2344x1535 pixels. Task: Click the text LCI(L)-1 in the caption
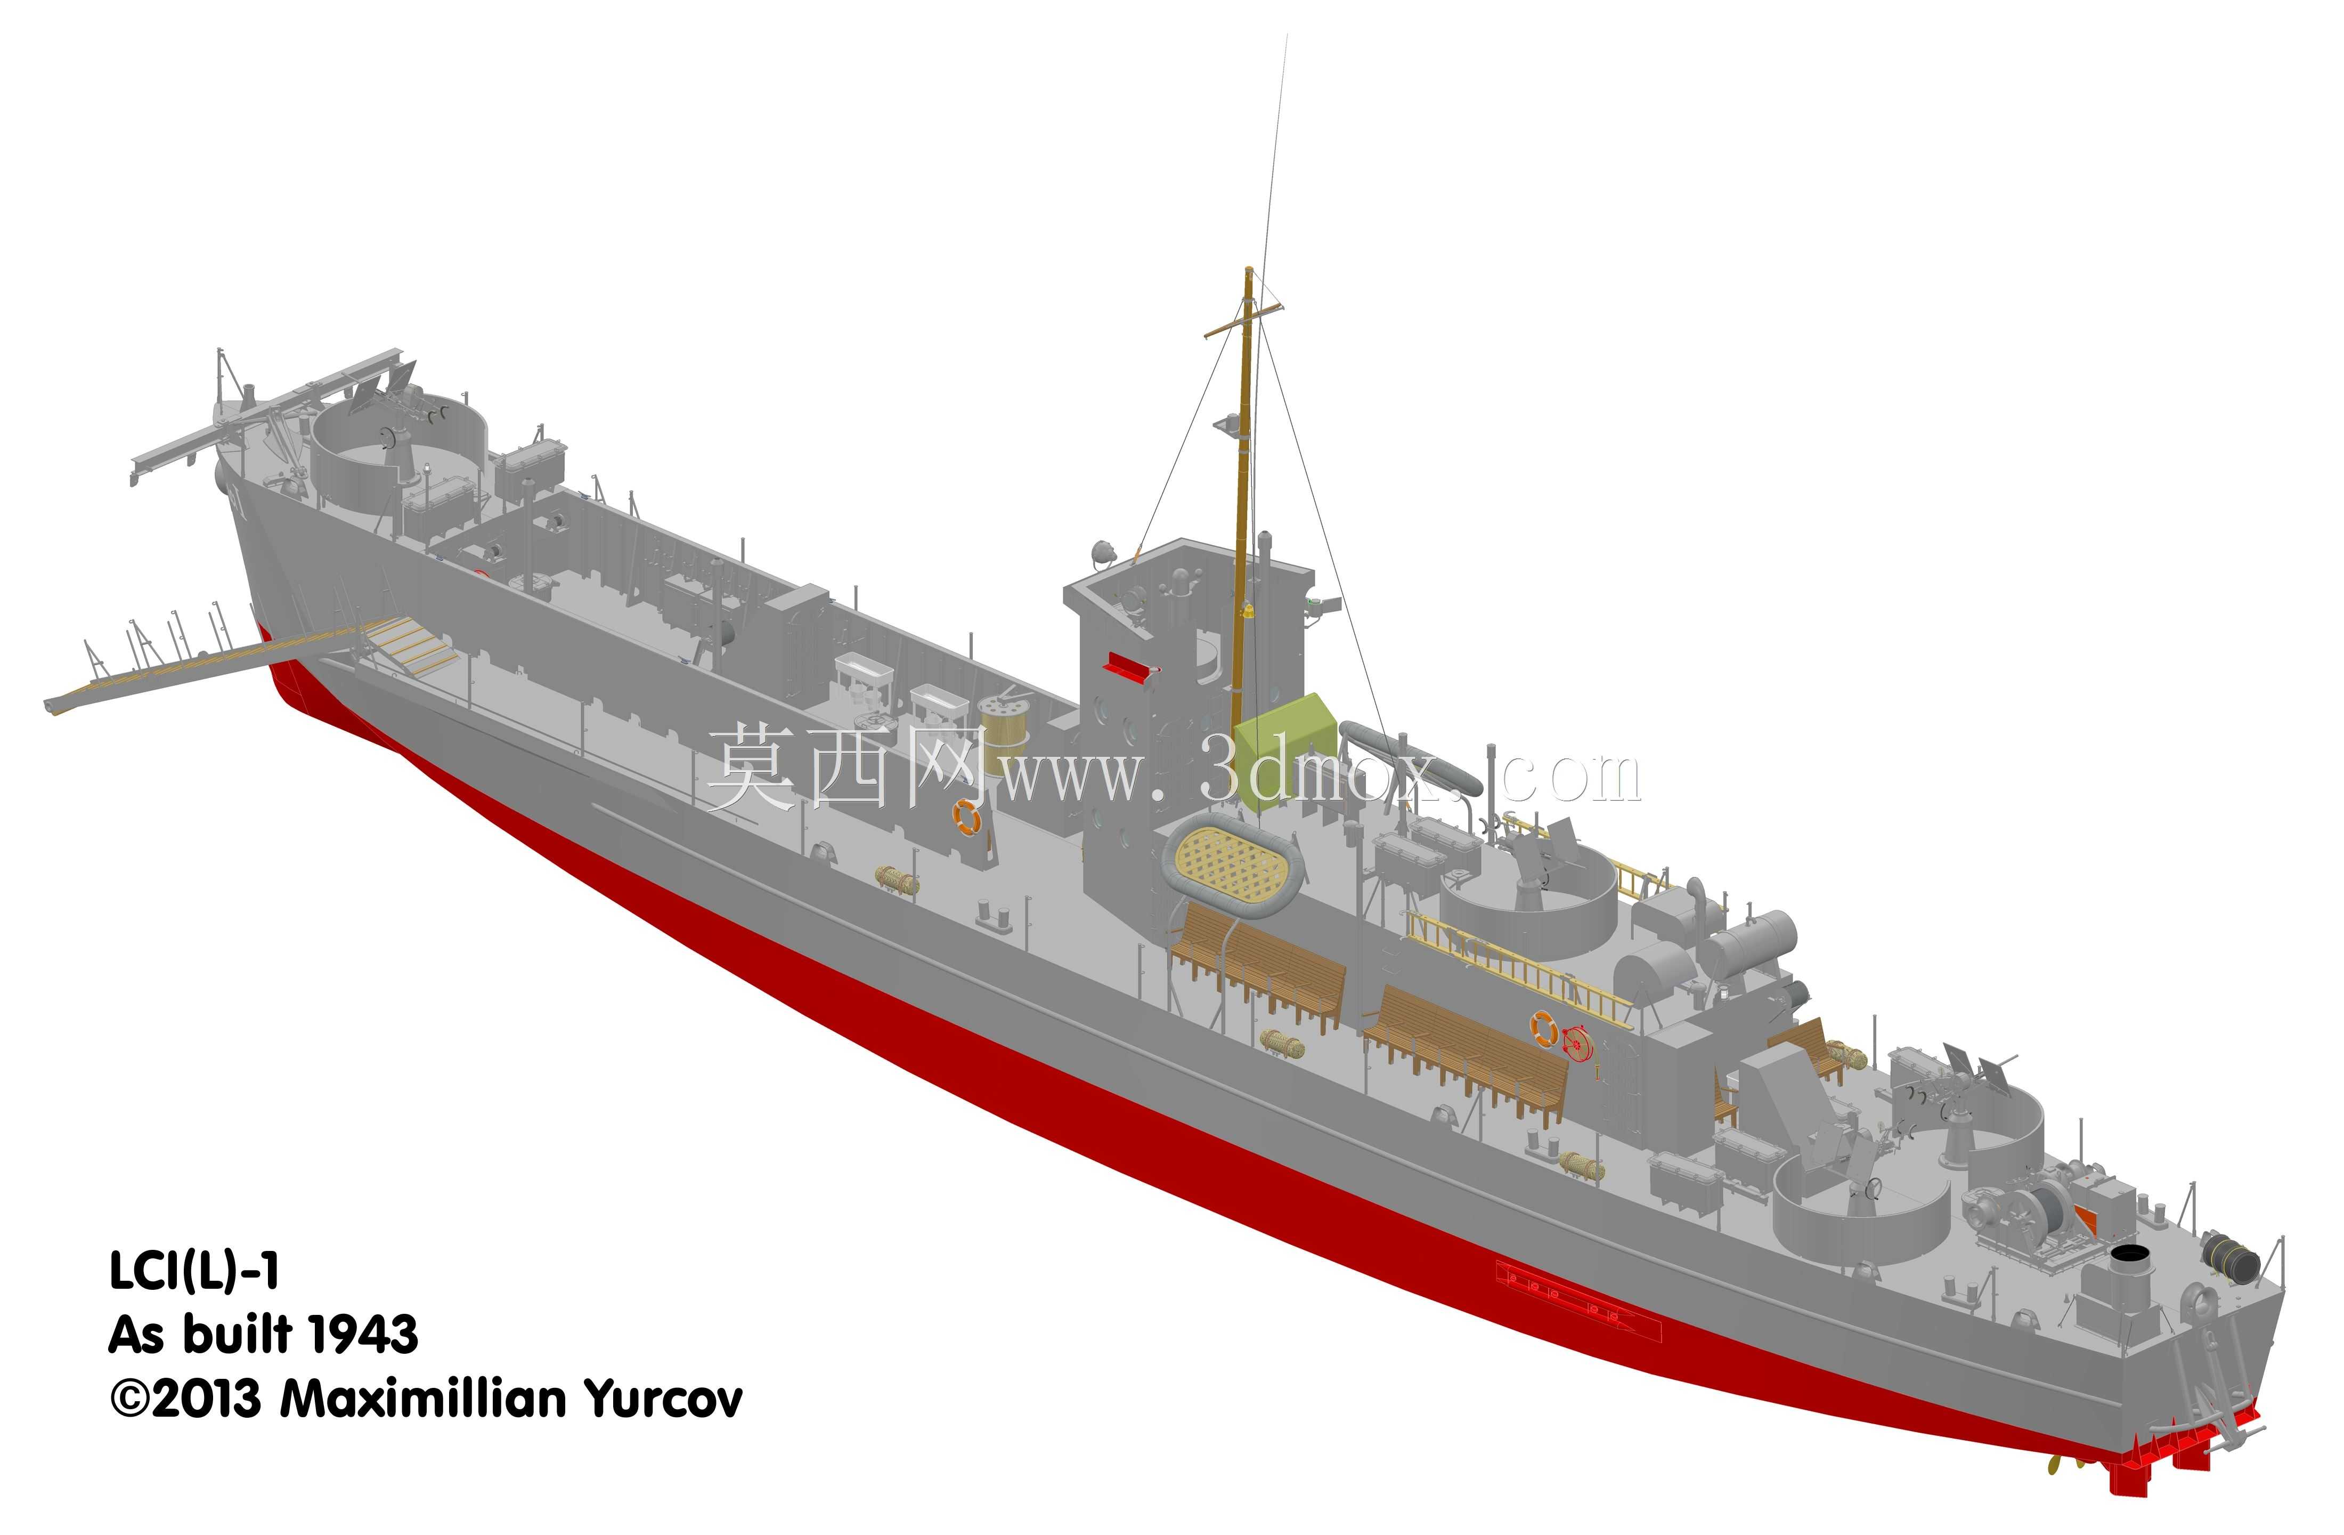(x=194, y=1272)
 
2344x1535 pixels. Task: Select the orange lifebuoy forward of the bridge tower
(x=966, y=817)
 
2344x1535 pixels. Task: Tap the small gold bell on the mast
(x=1248, y=613)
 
